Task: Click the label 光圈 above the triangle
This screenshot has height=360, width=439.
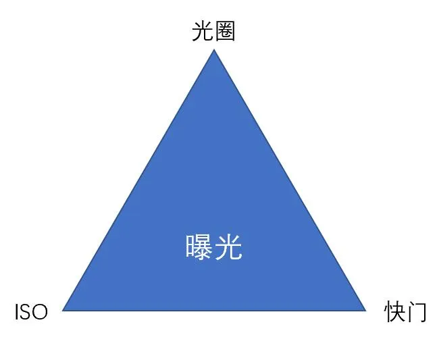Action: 213,31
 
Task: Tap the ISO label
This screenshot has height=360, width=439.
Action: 31,312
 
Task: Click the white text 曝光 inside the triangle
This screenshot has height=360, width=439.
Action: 213,247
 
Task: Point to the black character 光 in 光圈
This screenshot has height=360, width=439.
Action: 203,31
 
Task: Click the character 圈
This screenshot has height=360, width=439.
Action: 225,31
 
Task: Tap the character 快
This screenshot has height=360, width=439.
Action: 394,311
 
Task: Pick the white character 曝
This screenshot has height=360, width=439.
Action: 199,247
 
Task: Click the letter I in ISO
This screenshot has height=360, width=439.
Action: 16,312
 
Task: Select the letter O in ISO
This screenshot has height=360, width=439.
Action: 40,312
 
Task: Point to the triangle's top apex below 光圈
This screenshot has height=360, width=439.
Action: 214,49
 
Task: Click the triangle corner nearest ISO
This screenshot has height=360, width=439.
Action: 63,311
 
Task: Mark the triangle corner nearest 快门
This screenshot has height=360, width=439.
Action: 365,311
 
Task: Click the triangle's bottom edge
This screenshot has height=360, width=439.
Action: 214,311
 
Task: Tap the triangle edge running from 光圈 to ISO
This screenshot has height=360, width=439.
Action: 138,180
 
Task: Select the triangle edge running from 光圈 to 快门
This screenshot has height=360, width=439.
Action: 290,180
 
